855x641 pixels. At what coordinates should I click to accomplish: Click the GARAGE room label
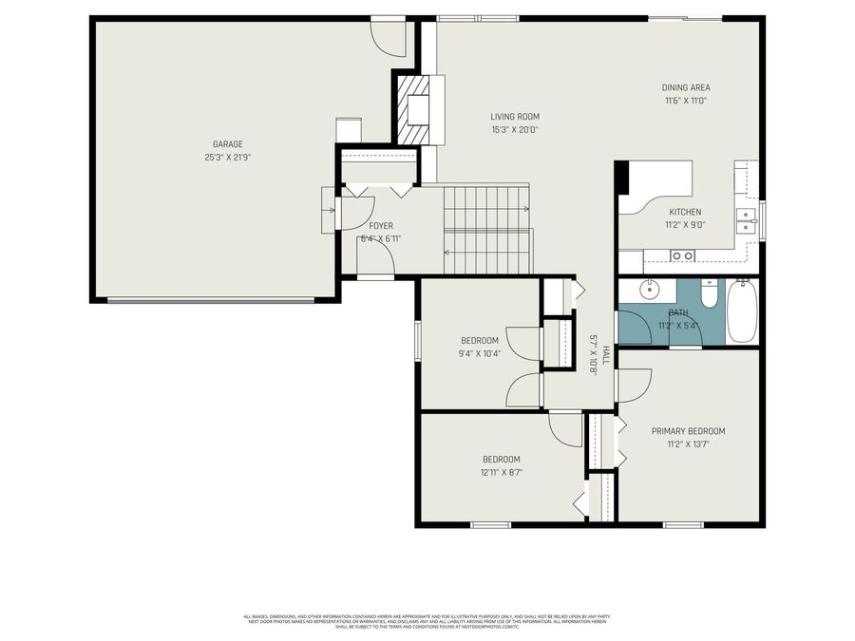227,144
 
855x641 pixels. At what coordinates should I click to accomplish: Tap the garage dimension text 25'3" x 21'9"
227,158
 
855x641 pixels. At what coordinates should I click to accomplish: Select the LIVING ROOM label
515,117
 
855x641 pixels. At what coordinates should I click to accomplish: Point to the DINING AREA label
686,87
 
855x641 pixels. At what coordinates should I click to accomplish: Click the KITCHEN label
685,212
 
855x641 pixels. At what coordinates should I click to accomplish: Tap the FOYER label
380,226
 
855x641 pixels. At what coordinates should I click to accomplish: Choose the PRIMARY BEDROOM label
688,430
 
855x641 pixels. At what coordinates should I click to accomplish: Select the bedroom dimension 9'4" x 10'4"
480,353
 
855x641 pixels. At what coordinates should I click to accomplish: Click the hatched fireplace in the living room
415,109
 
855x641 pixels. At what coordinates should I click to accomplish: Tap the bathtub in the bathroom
742,311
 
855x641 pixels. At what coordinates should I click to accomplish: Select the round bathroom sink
650,290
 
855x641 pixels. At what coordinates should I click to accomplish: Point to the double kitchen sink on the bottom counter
682,255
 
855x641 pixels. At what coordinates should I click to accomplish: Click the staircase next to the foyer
487,229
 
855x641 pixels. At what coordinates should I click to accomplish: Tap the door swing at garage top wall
389,35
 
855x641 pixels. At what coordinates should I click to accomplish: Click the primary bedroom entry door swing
633,385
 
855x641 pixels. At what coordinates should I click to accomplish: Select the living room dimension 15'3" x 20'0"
515,130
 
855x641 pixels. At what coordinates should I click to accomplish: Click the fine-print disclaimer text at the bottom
427,621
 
